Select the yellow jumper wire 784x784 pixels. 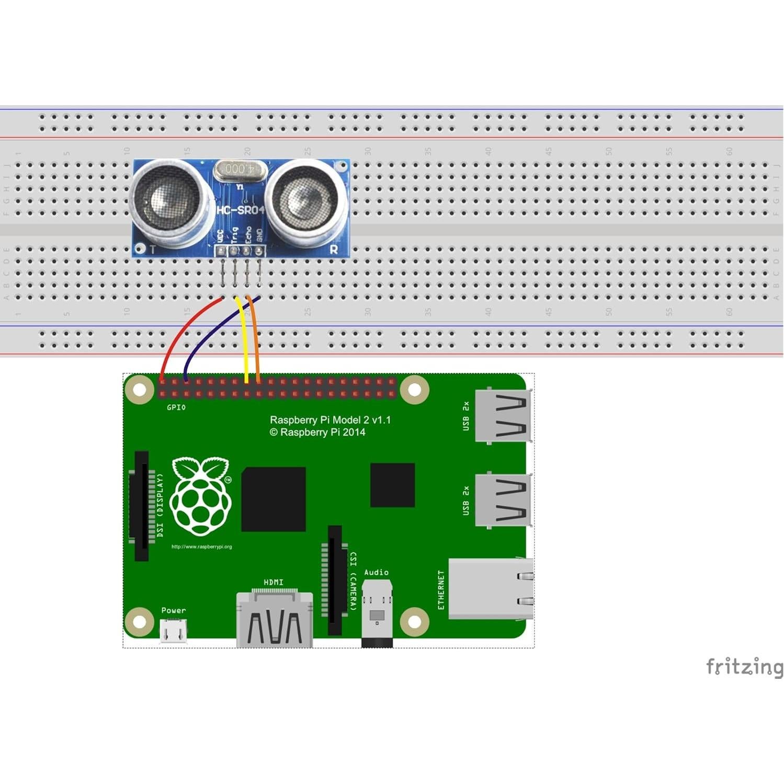(245, 340)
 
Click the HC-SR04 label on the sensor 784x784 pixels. (240, 210)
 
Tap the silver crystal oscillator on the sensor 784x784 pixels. (240, 169)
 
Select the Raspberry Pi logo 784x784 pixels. (201, 497)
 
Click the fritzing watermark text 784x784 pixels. (744, 667)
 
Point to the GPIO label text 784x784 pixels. (176, 407)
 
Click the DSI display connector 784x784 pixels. (141, 506)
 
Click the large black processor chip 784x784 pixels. (273, 499)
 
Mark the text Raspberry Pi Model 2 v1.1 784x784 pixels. (330, 420)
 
